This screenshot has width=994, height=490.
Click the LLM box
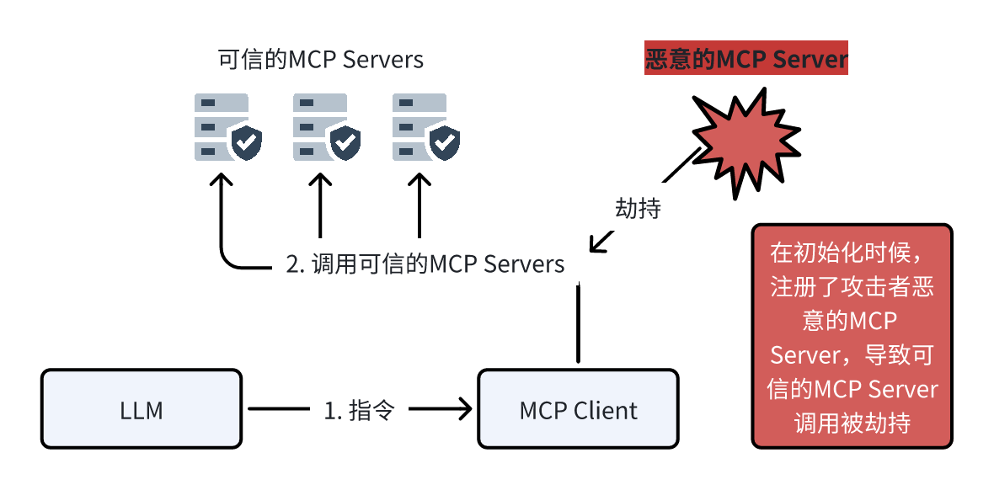[x=141, y=410]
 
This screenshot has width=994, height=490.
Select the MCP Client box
[x=578, y=410]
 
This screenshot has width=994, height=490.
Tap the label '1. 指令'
[x=359, y=410]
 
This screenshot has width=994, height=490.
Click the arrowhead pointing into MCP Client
[x=463, y=410]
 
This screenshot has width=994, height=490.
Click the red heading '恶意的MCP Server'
[x=745, y=60]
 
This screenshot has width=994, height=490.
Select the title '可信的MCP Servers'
[x=320, y=60]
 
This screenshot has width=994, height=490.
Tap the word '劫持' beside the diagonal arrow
[x=638, y=208]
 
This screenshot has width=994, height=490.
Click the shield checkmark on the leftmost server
[x=246, y=143]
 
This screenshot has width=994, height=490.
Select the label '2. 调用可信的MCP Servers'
[x=425, y=264]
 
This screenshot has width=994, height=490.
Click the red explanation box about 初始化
[x=852, y=335]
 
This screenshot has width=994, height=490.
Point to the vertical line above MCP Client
[x=578, y=324]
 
